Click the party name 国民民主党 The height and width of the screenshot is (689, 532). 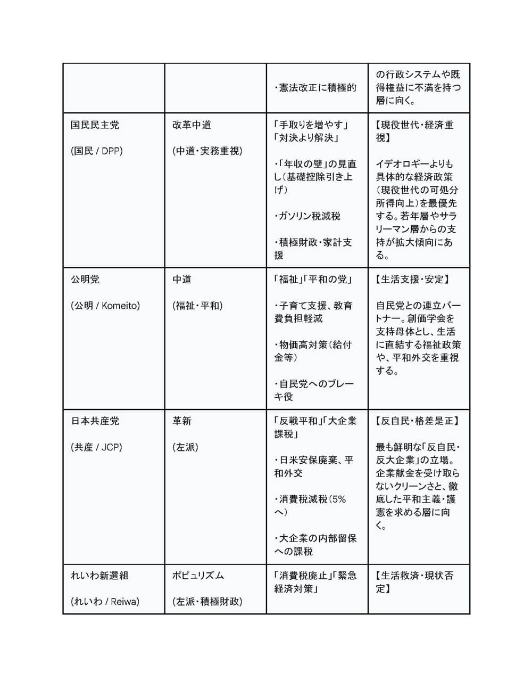click(x=95, y=125)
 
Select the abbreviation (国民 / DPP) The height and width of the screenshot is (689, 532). click(x=96, y=151)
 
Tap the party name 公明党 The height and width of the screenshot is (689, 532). click(x=85, y=280)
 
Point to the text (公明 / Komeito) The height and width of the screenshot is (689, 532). click(x=105, y=306)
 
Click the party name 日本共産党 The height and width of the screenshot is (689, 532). click(x=95, y=421)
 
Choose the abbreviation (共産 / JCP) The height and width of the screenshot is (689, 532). click(x=96, y=447)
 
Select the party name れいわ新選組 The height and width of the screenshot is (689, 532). click(x=99, y=576)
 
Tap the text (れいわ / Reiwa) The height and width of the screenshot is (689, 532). click(x=105, y=602)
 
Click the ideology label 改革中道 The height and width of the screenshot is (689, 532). click(x=192, y=125)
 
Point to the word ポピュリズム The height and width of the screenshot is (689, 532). click(x=198, y=576)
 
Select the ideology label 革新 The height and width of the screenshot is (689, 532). click(x=182, y=421)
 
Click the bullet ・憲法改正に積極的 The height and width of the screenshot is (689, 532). click(x=315, y=88)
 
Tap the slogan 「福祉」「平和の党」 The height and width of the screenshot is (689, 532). click(x=313, y=280)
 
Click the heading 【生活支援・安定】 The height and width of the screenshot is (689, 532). click(x=412, y=280)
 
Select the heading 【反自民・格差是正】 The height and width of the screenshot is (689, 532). click(x=418, y=421)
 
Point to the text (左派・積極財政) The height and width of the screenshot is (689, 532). click(x=207, y=602)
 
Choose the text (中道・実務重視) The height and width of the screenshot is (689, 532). click(x=207, y=151)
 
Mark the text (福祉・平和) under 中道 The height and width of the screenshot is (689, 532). click(x=197, y=306)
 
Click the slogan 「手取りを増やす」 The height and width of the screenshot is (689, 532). click(x=311, y=125)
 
